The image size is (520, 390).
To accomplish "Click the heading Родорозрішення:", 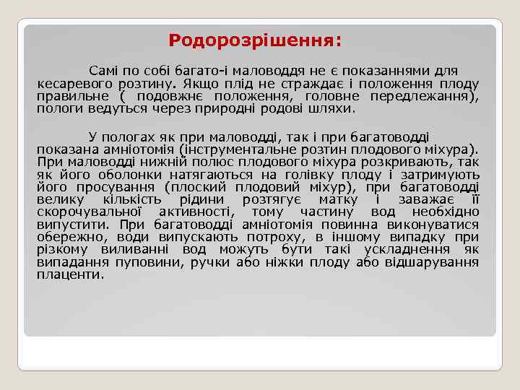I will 255,40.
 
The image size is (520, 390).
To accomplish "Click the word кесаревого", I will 74,84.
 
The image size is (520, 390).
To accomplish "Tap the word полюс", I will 209,162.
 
